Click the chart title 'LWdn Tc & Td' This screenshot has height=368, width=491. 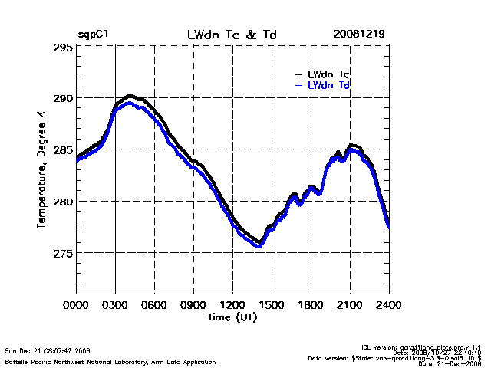231,34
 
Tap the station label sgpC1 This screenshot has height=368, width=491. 93,34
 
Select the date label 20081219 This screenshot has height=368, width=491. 359,34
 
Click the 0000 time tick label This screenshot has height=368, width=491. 77,305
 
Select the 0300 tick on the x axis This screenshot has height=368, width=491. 116,305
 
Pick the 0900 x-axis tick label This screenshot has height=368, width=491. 194,305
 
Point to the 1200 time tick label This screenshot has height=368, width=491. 232,305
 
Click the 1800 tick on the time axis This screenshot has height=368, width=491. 311,305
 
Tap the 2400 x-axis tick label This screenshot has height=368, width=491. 388,305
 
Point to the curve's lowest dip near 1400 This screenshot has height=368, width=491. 259,245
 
